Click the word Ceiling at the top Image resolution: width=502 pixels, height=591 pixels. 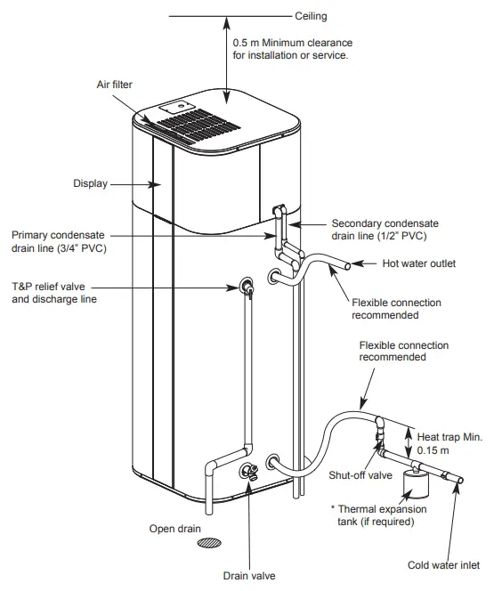point(312,16)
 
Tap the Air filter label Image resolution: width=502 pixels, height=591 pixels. point(115,85)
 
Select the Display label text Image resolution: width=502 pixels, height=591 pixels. point(90,184)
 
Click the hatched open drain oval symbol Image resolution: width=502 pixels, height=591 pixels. point(210,542)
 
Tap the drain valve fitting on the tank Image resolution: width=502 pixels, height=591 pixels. point(248,471)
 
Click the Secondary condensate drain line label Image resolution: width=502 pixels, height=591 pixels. point(385,230)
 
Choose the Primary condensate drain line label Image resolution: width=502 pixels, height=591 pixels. point(60,241)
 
